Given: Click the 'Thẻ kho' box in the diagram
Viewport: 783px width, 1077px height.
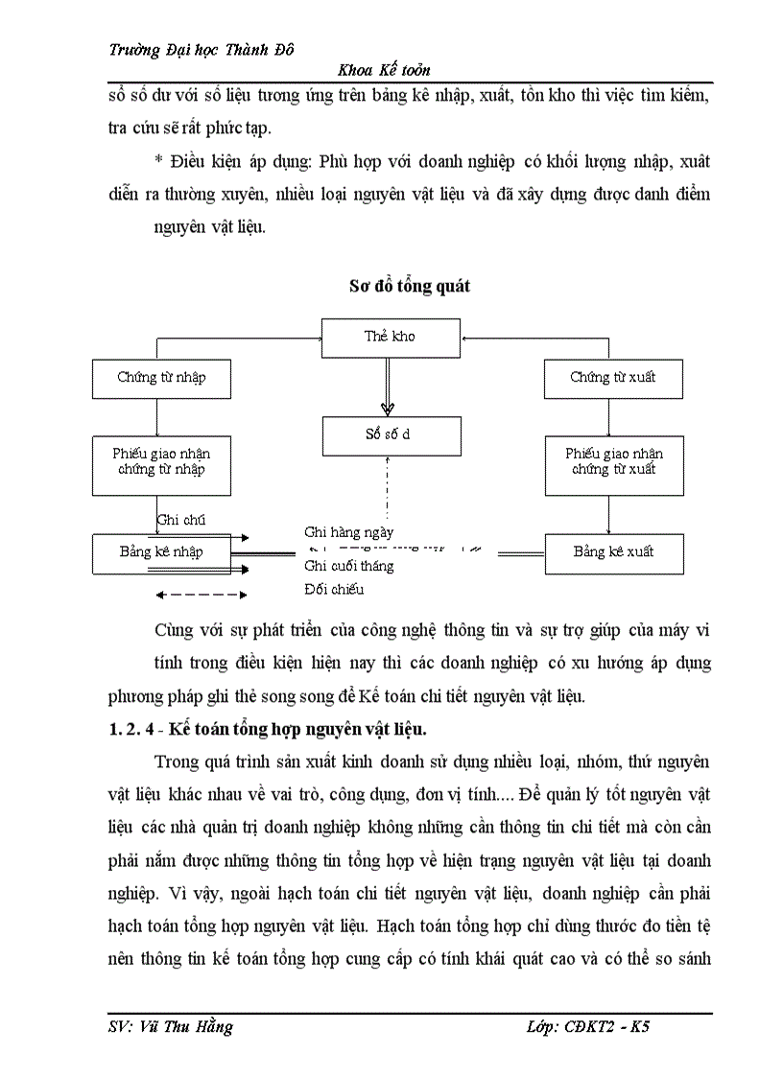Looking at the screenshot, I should (390, 337).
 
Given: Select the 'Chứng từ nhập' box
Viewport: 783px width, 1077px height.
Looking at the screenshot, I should (161, 378).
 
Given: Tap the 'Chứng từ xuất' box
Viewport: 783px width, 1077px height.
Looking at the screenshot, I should (612, 378).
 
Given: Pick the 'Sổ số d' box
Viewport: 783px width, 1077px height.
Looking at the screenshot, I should (390, 434).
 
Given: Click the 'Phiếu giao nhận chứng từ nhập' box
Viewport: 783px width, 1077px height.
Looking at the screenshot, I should (161, 462).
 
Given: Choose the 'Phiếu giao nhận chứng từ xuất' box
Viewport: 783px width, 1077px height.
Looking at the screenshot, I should (612, 462).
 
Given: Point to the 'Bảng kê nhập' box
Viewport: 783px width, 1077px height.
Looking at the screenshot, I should (161, 552).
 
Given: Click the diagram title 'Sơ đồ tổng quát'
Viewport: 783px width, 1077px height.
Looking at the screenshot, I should (410, 287).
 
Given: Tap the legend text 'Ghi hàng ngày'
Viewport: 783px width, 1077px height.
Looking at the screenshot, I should (348, 531).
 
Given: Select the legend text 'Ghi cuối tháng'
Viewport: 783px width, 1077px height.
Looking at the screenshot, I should (348, 566).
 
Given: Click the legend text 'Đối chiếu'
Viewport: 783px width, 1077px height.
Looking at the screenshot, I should (334, 590).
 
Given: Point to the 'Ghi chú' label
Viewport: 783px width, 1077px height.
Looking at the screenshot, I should (180, 521).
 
